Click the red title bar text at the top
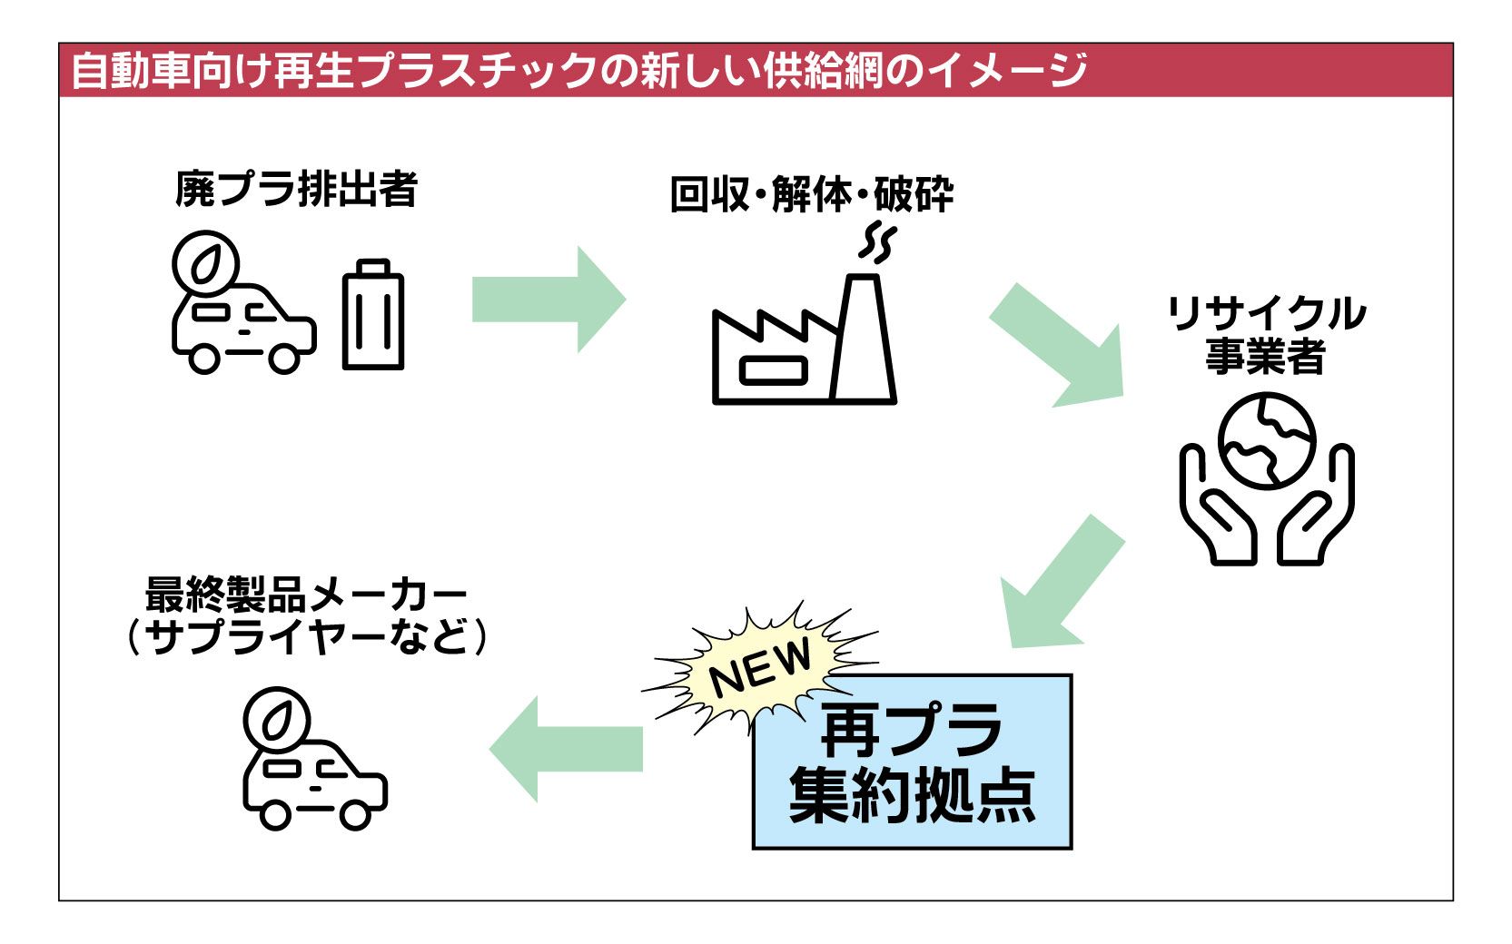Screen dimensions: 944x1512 point(578,70)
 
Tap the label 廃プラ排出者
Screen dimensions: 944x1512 point(296,190)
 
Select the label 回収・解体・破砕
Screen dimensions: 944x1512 point(811,194)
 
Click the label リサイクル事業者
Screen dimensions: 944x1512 point(1265,334)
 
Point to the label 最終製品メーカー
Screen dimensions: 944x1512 point(306,596)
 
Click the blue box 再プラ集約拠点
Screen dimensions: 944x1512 point(912,762)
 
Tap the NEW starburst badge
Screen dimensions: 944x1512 point(759,670)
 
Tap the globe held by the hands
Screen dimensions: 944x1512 point(1267,439)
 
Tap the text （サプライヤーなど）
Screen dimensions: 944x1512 point(306,636)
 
